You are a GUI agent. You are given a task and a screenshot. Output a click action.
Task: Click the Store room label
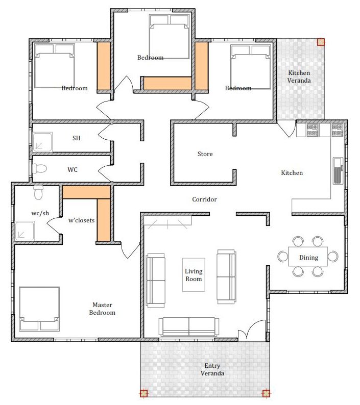coord(205,154)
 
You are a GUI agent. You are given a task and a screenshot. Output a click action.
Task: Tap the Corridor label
coord(204,199)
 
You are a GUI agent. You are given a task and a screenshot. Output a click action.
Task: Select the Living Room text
coord(194,275)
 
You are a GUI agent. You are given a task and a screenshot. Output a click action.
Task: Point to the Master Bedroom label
coord(102,309)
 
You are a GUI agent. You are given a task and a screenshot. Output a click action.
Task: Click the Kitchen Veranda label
coord(299,77)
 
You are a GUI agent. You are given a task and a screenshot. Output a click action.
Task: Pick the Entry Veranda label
coord(212,369)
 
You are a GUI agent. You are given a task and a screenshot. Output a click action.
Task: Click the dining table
coord(308,257)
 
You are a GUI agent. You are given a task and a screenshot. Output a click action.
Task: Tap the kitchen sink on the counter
coord(338,170)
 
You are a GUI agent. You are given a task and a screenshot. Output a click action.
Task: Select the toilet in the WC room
coord(39,169)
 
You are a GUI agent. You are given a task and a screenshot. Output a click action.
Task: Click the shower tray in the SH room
coord(42,142)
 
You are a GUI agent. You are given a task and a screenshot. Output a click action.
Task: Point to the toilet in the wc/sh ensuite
coord(38,192)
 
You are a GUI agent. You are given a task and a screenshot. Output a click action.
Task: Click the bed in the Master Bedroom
coord(39,309)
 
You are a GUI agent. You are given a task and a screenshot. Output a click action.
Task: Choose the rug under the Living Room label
coord(194,275)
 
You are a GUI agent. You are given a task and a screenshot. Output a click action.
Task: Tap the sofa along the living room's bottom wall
coord(189,327)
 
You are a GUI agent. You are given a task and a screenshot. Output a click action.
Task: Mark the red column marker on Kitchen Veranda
coord(321,42)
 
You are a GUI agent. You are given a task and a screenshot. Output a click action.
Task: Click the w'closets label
coord(82,220)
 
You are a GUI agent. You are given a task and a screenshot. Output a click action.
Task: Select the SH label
coord(76,138)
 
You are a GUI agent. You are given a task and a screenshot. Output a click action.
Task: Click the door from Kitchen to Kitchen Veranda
coord(287,129)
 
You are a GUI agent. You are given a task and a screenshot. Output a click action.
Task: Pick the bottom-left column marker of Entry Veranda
coord(144,393)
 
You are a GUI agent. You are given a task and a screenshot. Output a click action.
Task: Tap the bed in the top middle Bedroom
coord(170,37)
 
